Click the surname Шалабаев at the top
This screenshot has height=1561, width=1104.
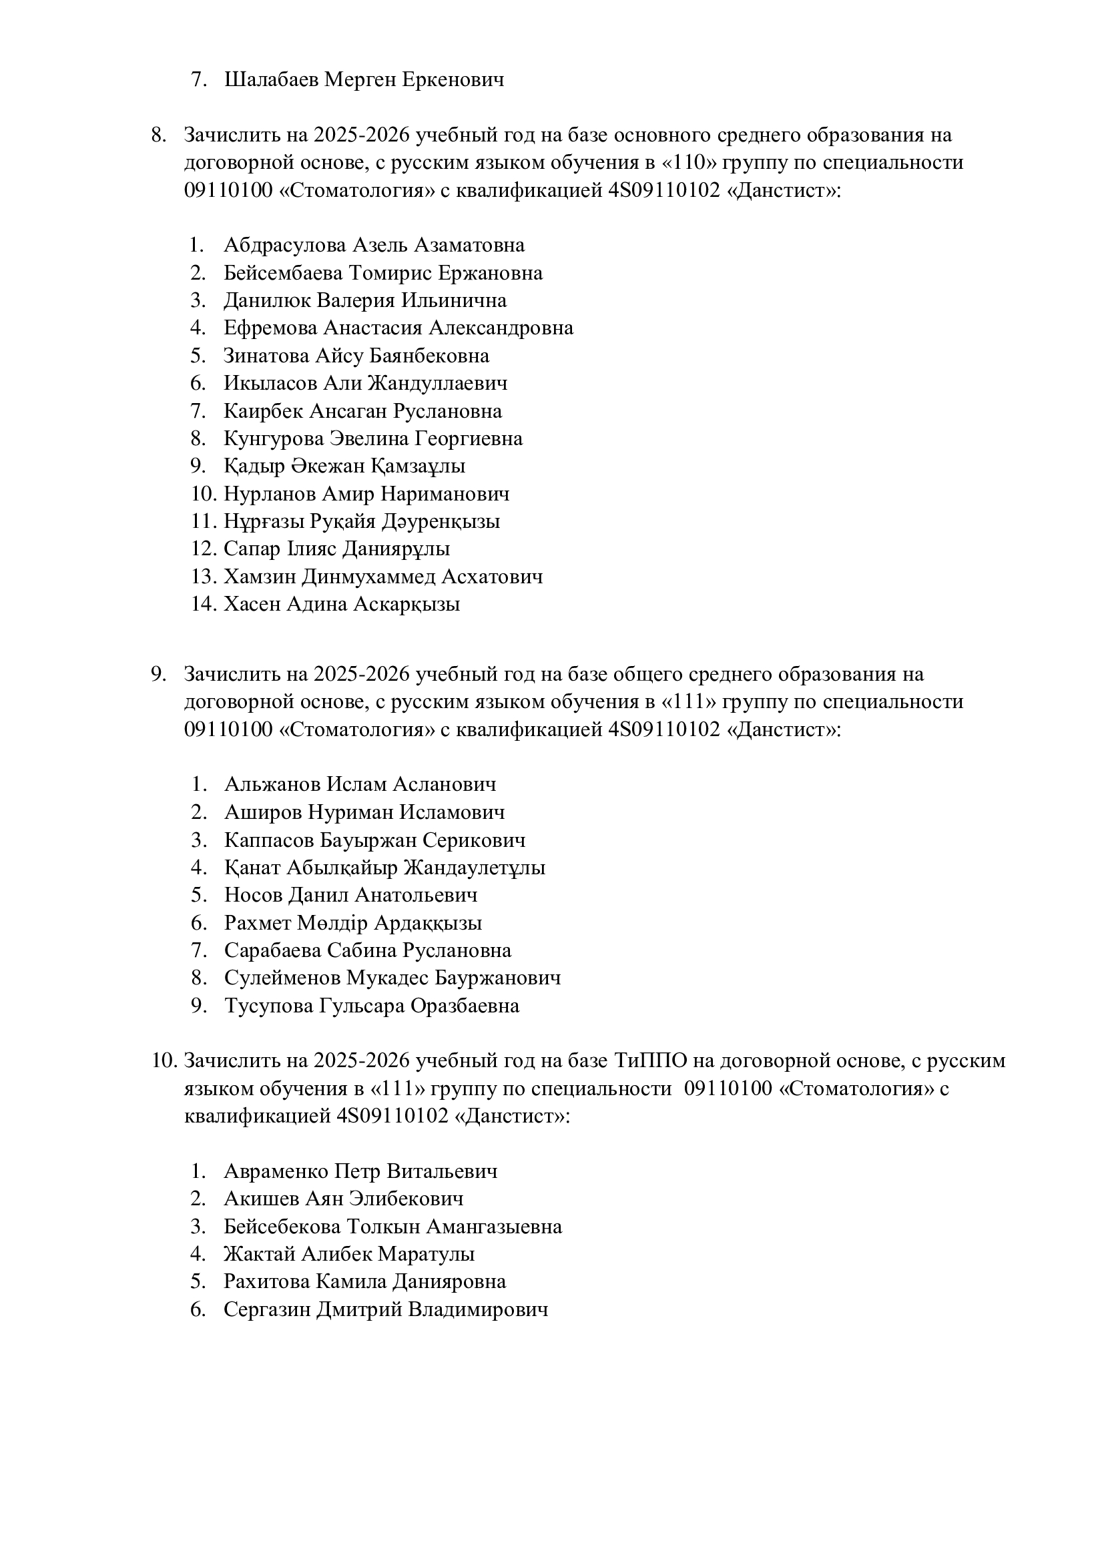pyautogui.click(x=271, y=80)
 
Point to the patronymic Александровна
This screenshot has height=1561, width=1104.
pyautogui.click(x=501, y=328)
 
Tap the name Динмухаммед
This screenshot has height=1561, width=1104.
pyautogui.click(x=368, y=577)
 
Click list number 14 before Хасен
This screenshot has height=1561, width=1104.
pyautogui.click(x=203, y=605)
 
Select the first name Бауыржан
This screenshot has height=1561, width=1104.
pyautogui.click(x=368, y=840)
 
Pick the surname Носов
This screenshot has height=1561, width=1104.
pyautogui.click(x=253, y=896)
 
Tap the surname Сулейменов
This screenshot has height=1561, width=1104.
pyautogui.click(x=282, y=978)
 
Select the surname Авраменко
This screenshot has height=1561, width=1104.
pyautogui.click(x=276, y=1171)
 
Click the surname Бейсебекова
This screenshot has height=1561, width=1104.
pyautogui.click(x=282, y=1227)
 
